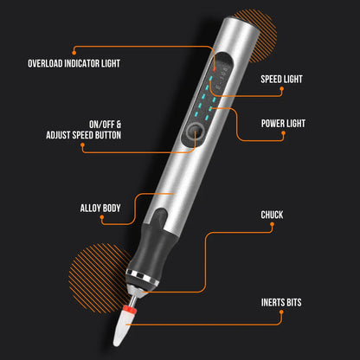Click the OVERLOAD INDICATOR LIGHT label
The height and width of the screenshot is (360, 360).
point(74,63)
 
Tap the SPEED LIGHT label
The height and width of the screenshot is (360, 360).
point(281,79)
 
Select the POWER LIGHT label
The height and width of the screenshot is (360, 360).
point(282,123)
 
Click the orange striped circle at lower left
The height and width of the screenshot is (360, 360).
point(95,273)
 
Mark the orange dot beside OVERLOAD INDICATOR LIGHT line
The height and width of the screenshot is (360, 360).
point(74,49)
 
